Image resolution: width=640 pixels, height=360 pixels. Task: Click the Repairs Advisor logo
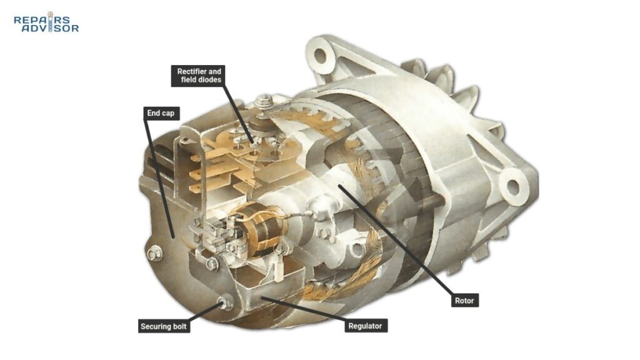point(46,22)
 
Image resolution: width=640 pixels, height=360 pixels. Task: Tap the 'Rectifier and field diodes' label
point(198,76)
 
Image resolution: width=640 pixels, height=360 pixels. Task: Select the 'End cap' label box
point(161,114)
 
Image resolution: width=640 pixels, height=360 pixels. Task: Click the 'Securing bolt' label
point(164,326)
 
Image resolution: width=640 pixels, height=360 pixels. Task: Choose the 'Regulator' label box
point(366,326)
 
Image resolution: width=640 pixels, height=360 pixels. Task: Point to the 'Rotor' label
point(464,301)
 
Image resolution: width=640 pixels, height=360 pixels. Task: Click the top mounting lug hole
point(320,56)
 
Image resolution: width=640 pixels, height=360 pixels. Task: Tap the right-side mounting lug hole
point(512,187)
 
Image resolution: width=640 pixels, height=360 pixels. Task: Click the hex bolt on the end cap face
point(154,254)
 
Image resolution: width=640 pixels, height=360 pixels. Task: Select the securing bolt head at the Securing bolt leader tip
point(225,302)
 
